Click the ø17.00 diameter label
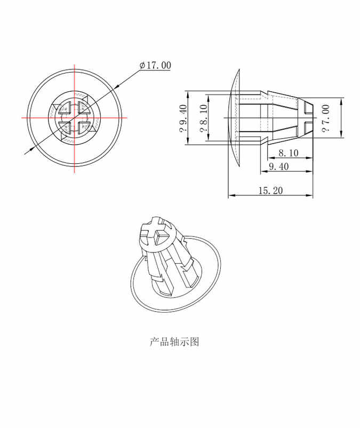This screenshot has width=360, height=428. click(x=155, y=65)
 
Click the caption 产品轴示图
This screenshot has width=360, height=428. click(x=174, y=342)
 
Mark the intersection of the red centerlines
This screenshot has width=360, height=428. click(x=74, y=117)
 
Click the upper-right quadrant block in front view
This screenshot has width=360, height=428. click(x=83, y=108)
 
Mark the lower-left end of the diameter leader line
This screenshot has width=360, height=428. click(x=26, y=154)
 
